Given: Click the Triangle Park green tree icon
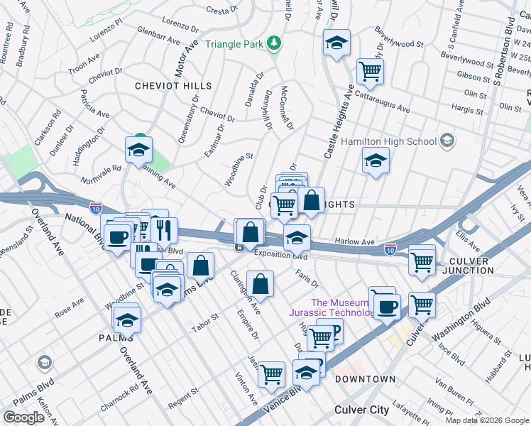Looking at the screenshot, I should point(273,44).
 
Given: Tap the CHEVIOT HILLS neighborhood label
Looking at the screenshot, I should point(174,86).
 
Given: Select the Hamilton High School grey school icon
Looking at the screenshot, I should point(447,141).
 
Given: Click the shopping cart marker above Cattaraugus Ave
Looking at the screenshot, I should point(370,71).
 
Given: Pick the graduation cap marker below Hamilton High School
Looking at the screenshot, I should point(376,160).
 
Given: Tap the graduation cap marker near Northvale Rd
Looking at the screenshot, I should point(138,149).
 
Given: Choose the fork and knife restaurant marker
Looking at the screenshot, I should point(164,229).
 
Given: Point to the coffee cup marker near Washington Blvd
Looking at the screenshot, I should point(387,306).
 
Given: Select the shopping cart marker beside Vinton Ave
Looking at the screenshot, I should point(271,373).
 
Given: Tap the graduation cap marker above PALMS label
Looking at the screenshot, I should point(127,319).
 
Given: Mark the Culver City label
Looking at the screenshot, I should point(361,410).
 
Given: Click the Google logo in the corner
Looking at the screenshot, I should point(23,417).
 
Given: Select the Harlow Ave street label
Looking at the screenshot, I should point(354,242).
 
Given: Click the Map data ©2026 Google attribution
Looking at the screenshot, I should point(487,420).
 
